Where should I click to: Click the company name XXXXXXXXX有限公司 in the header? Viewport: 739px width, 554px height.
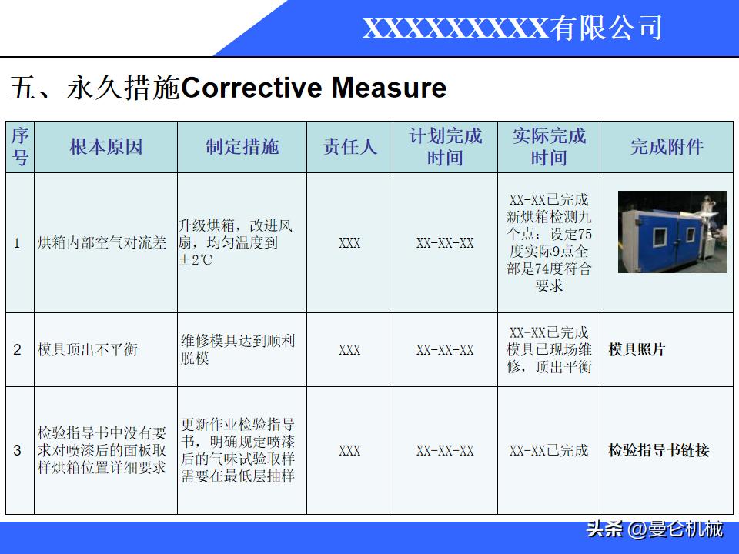click(512, 28)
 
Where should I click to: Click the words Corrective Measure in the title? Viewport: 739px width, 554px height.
click(313, 88)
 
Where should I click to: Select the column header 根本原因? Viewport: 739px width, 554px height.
click(105, 147)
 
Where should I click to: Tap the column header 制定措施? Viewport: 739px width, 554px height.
click(242, 147)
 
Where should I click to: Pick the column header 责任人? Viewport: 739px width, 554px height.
click(349, 147)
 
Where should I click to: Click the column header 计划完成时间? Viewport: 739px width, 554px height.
click(445, 147)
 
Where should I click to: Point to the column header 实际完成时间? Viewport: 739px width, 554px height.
click(548, 147)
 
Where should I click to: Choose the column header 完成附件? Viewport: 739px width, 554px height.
click(667, 147)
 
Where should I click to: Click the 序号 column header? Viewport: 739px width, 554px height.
click(20, 147)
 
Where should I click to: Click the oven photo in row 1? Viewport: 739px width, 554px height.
click(672, 232)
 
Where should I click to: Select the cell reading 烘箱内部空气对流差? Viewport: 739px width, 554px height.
click(102, 243)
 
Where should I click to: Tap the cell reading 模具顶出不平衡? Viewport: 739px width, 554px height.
click(87, 350)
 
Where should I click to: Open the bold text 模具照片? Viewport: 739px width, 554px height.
click(637, 350)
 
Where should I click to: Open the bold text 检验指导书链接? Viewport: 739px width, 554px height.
click(658, 451)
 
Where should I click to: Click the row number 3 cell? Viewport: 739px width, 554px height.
click(18, 451)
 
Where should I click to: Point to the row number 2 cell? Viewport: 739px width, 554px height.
click(18, 350)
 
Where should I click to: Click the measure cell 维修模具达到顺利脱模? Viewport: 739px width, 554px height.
click(238, 349)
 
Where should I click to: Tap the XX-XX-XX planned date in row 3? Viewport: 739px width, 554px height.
click(445, 451)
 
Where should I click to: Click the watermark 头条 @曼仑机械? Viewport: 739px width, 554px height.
click(654, 530)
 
